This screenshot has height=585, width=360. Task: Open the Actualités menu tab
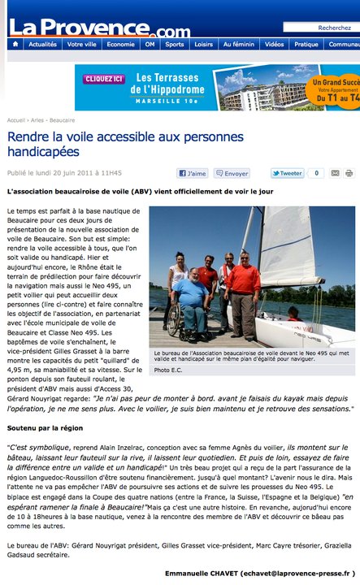42,45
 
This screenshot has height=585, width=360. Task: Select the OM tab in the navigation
150,45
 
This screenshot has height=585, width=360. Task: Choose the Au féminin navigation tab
238,45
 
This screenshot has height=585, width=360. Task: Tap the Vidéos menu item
274,45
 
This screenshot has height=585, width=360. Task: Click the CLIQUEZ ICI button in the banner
103,79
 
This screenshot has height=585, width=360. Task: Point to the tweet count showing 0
315,173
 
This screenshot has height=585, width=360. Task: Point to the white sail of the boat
286,248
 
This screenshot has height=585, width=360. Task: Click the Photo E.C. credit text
170,370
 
